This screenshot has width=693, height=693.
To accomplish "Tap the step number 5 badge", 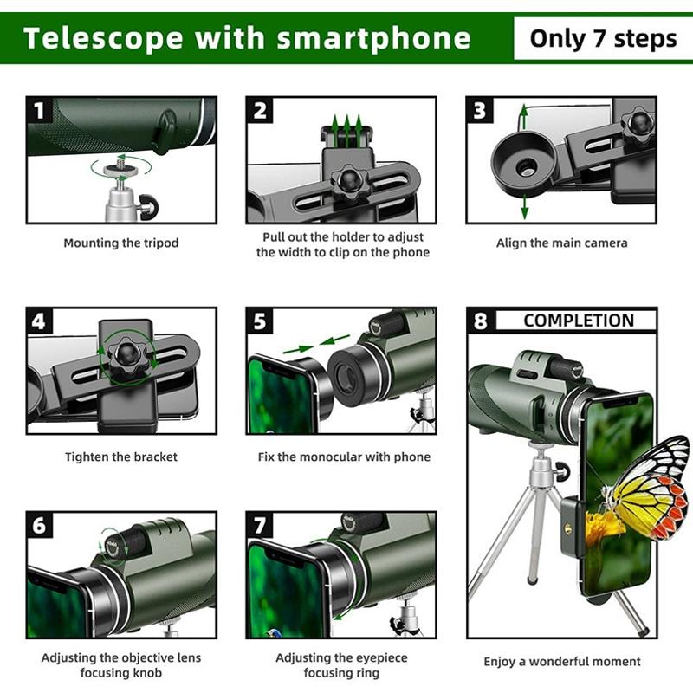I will coord(260,321).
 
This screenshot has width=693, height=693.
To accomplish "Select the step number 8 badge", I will coord(480,321).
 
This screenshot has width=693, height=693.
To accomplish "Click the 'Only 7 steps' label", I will coord(603,38).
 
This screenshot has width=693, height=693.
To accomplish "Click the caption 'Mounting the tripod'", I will coord(120,243).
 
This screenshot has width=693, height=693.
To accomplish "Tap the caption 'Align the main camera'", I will coord(561,243).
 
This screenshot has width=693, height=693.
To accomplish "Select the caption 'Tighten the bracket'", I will coord(120,457).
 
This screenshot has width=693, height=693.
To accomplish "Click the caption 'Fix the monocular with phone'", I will coord(344,457).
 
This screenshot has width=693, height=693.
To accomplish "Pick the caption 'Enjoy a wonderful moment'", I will coord(561,662).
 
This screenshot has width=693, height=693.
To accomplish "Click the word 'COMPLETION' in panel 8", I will coord(578,321).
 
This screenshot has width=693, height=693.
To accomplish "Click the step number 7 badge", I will coord(260,526).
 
